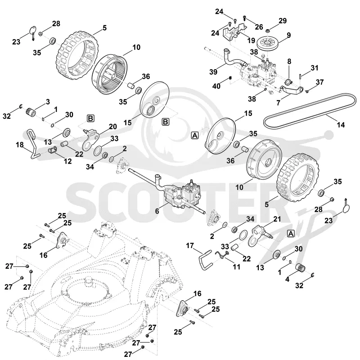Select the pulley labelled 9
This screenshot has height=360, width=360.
click(268, 45)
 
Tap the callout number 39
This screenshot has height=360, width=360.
click(213, 72)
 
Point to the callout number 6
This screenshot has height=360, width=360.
click(157, 211)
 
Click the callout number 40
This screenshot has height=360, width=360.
click(216, 86)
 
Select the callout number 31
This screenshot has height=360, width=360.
click(315, 68)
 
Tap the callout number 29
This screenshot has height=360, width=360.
click(283, 21)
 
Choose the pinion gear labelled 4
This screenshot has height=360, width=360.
click(301, 267)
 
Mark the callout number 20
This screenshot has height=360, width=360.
click(113, 126)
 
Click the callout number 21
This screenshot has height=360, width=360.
click(277, 219)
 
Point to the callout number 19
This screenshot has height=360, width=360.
click(251, 40)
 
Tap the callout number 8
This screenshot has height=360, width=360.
click(289, 61)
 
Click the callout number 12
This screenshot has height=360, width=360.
click(67, 161)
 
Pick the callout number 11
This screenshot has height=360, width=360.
click(236, 267)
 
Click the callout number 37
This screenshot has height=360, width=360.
click(320, 82)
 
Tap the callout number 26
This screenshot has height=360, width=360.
click(259, 27)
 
